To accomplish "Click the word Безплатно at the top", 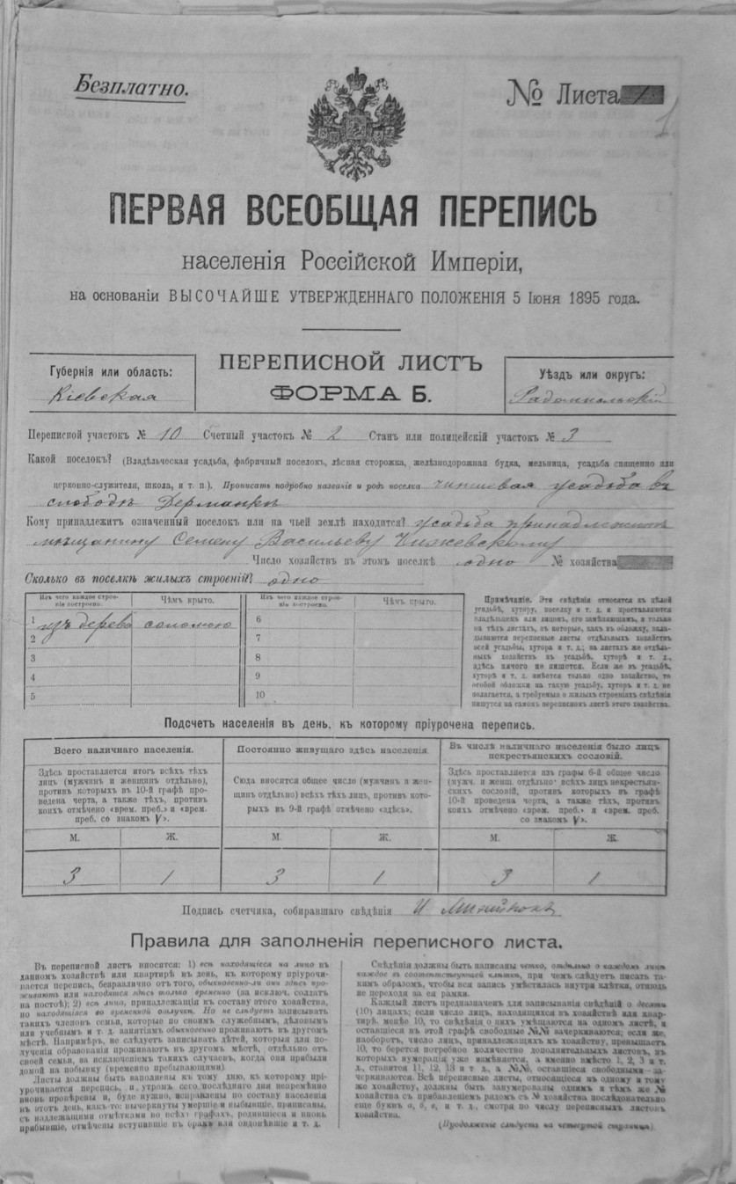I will coord(131,87).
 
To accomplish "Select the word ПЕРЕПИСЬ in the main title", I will coord(513,211).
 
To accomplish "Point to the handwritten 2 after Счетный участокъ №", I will coord(339,434).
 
